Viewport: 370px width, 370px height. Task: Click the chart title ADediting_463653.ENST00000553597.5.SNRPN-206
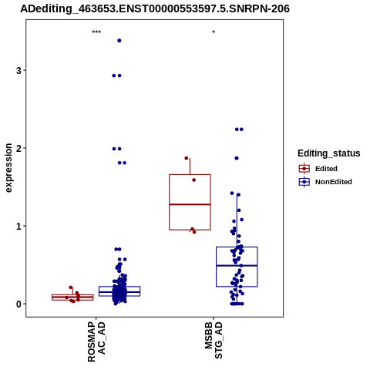coord(155,8)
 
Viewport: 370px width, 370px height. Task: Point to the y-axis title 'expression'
coord(8,168)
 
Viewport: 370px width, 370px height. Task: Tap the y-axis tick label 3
coord(18,70)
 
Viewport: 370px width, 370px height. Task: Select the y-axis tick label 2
coord(18,148)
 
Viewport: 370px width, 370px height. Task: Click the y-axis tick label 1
coord(18,226)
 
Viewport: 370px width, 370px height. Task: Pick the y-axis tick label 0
coord(18,304)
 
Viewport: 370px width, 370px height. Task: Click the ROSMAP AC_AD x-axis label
coord(96,341)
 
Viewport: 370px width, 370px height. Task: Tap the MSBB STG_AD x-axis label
coord(214,340)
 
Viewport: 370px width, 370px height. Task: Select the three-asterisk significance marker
coord(96,32)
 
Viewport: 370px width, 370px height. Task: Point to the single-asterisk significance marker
coord(214,32)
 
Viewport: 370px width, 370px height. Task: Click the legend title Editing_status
coord(329,153)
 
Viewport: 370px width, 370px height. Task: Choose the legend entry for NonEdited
coord(325,182)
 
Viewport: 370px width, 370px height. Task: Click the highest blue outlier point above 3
coord(119,41)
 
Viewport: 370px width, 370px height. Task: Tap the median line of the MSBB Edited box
coord(190,204)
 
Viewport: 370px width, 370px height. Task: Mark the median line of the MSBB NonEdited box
coord(237,265)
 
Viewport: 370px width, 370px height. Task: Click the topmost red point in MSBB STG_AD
coord(187,158)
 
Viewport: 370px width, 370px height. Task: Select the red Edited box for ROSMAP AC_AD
coord(72,298)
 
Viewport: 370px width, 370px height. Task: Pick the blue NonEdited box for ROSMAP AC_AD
coord(119,291)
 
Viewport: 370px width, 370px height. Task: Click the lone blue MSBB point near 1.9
coord(237,158)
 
